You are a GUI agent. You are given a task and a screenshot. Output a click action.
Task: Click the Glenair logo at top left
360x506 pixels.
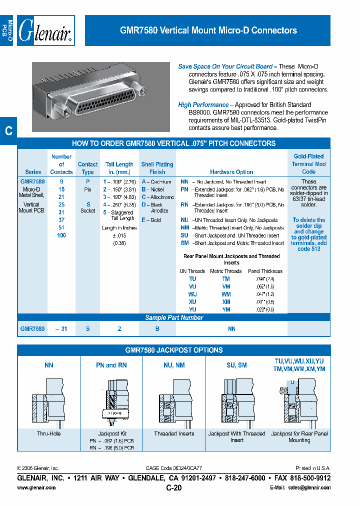click(45, 31)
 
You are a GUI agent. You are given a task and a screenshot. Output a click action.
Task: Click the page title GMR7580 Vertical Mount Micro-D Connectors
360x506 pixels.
click(208, 30)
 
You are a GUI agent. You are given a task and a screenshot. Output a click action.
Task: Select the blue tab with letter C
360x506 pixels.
click(8, 131)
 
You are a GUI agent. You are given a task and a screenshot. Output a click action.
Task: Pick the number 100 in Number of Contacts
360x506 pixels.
click(61, 235)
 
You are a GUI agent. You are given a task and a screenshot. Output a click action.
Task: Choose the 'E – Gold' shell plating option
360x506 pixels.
click(151, 220)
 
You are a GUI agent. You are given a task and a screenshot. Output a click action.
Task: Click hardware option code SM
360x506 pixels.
click(184, 243)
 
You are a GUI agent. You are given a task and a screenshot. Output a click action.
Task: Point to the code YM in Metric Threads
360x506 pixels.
click(226, 309)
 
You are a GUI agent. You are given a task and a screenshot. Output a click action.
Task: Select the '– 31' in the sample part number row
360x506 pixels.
click(61, 329)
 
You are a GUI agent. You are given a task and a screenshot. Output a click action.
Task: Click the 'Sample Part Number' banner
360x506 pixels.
click(174, 317)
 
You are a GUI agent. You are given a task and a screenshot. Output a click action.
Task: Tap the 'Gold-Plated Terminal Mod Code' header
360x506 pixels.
click(308, 164)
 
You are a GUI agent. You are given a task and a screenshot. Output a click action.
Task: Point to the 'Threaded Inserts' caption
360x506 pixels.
click(174, 434)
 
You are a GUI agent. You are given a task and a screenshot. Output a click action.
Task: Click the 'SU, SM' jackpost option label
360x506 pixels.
click(236, 365)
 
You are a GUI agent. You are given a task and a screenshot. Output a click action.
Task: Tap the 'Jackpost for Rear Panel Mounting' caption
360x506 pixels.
click(299, 437)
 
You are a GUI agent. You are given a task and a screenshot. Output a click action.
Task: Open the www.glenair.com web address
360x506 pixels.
click(36, 487)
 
